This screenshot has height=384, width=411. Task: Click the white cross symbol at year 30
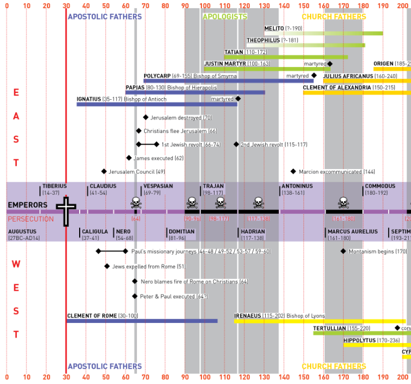click(66, 211)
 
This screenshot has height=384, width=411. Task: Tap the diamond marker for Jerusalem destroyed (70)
click(146, 117)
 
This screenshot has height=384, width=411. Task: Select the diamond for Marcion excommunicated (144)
click(293, 171)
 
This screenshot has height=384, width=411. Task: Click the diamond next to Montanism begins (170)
click(343, 251)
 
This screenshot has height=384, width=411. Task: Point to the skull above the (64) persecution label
click(136, 203)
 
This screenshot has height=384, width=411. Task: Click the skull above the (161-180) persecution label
click(343, 203)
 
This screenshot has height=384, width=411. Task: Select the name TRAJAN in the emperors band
click(213, 186)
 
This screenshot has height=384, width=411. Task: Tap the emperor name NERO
click(124, 232)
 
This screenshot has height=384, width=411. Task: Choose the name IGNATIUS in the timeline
click(89, 99)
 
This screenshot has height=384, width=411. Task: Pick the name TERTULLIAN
click(329, 328)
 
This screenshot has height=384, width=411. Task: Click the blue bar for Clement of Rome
click(142, 321)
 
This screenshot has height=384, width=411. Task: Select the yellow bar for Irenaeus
click(320, 321)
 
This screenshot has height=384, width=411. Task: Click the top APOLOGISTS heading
click(225, 16)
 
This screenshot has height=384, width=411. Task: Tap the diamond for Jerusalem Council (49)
click(104, 171)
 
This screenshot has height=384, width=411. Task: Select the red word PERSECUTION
click(31, 219)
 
